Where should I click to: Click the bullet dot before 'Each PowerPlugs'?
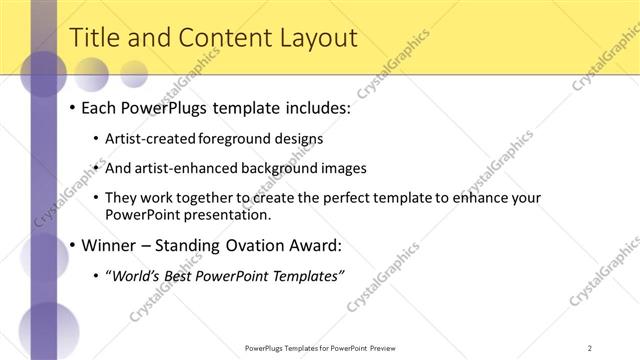click(x=73, y=108)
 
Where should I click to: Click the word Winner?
click(x=108, y=245)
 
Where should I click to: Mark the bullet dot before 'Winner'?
click(x=73, y=246)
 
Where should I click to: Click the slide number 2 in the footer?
click(x=590, y=348)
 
